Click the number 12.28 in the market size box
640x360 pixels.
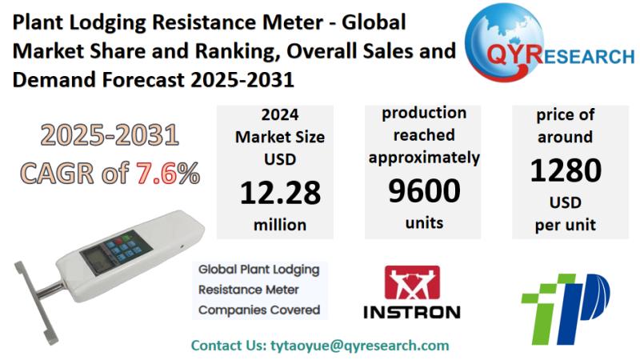tap(280, 192)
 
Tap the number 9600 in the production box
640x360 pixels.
tap(424, 190)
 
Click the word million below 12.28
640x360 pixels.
tap(280, 225)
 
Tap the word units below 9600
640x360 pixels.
tap(424, 223)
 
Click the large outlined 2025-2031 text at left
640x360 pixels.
tap(110, 136)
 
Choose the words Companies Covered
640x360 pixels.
tap(259, 310)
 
